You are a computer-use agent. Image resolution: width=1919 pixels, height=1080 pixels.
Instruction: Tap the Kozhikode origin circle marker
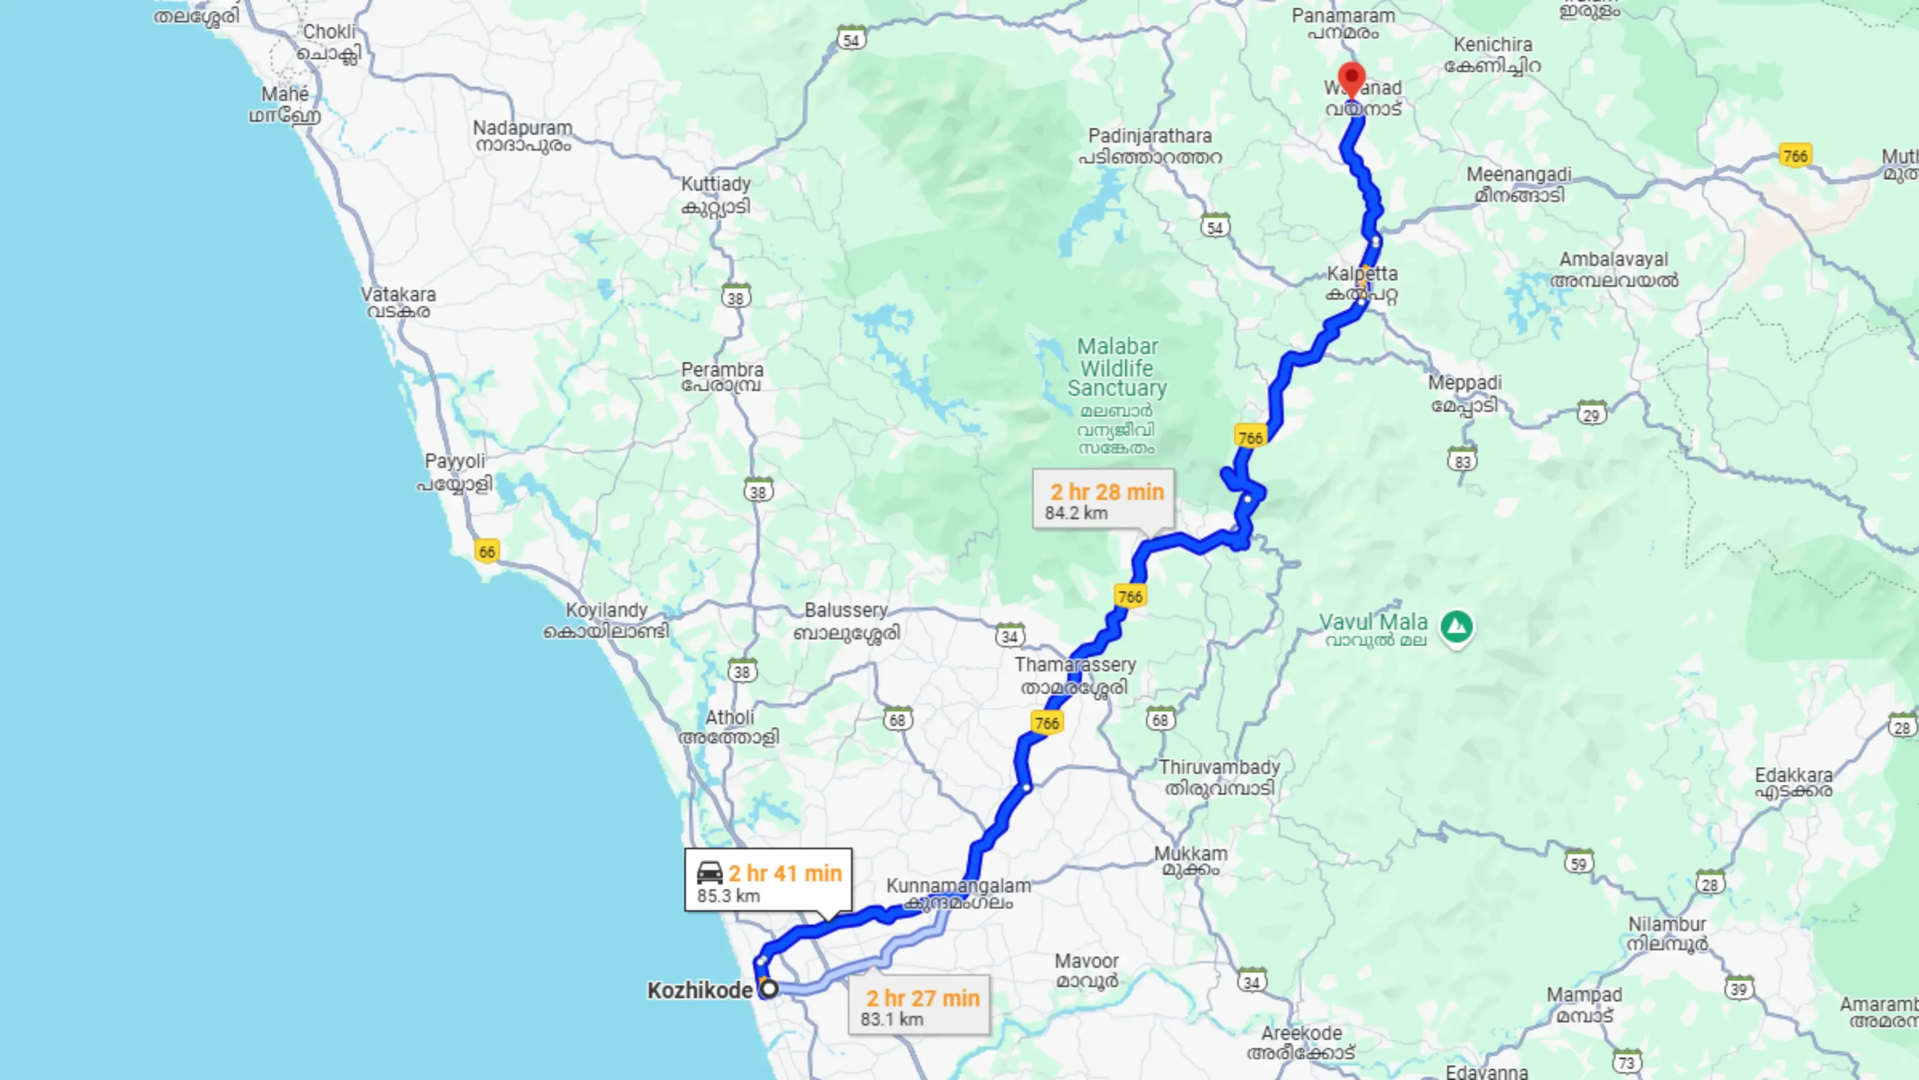pos(769,989)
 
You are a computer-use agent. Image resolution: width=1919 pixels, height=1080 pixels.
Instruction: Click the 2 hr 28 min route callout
pos(1103,499)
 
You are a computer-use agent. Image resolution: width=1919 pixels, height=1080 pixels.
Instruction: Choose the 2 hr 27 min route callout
pos(920,1005)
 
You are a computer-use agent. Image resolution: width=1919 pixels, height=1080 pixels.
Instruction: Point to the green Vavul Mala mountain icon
pos(1456,626)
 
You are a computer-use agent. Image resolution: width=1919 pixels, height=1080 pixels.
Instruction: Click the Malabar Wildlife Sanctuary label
pos(1117,367)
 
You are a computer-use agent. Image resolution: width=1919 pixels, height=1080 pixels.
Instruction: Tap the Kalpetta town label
pos(1362,274)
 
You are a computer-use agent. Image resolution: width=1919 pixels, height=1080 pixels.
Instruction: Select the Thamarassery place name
pos(1075,665)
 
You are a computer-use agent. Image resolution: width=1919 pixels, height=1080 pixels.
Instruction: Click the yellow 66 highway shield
pos(487,551)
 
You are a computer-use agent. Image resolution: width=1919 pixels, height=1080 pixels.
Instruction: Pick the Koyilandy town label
pos(607,611)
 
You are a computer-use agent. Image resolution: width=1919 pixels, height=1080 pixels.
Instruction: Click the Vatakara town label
pos(399,294)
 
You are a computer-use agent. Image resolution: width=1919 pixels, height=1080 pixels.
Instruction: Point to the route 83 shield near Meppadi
pos(1462,461)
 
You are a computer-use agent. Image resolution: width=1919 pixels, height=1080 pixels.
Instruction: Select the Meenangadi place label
pos(1519,174)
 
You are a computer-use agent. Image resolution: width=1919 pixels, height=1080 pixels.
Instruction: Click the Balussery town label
pos(845,611)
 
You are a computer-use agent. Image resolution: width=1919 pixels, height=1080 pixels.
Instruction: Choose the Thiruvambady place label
pos(1219,767)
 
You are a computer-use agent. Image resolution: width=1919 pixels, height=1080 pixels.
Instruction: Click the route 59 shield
pos(1578,863)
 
